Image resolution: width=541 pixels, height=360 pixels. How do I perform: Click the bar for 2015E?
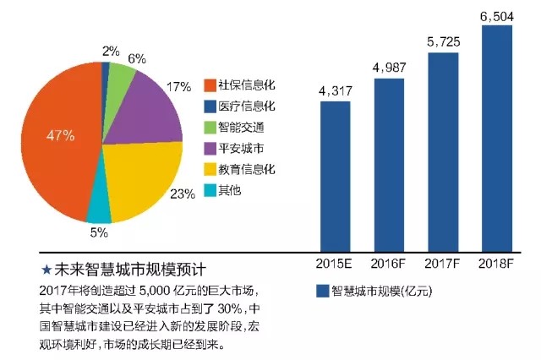335,173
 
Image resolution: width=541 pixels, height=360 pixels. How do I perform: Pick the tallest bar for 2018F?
497,135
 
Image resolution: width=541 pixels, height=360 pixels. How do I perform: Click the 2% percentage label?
110,50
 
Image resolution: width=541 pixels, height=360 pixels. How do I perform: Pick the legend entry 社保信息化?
240,86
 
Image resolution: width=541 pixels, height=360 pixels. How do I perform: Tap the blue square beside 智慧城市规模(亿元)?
321,291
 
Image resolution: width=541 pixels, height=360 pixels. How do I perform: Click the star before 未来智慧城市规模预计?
46,270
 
